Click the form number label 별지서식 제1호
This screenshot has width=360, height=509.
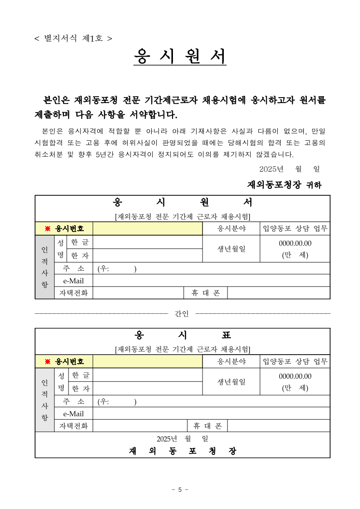coord(73,38)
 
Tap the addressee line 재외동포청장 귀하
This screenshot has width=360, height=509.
coord(284,185)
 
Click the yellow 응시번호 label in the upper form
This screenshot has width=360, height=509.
coord(64,229)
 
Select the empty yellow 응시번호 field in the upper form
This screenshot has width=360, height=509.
coord(148,229)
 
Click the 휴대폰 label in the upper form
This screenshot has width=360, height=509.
coord(206,293)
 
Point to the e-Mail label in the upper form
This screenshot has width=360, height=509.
coord(74,281)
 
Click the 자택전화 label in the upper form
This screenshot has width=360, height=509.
coord(74,293)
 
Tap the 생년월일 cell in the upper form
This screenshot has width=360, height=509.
coord(231,248)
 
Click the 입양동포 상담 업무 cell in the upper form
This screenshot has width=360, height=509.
coord(295,229)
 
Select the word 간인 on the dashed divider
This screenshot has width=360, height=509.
coord(182,314)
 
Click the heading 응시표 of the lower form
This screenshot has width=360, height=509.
coord(183,335)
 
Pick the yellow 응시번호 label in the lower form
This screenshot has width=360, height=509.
coord(64,361)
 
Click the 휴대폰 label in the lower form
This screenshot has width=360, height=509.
coord(207,426)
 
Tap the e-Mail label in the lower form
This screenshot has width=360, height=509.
coord(74,414)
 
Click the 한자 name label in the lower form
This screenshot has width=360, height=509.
coord(80,389)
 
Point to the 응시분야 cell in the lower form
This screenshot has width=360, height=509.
coord(231,361)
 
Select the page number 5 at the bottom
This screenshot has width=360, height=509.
coord(180,489)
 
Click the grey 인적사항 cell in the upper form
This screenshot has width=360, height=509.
coord(44,267)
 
